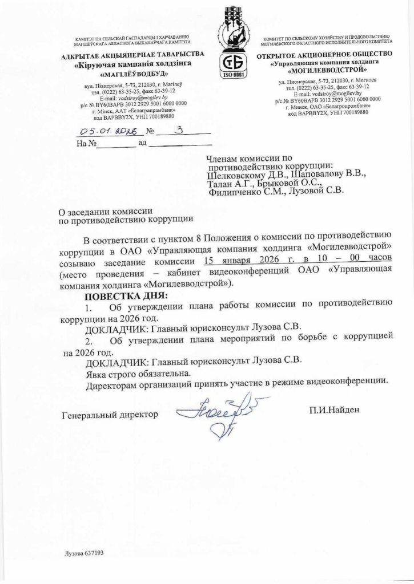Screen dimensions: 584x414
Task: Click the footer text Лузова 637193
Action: tap(83, 554)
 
